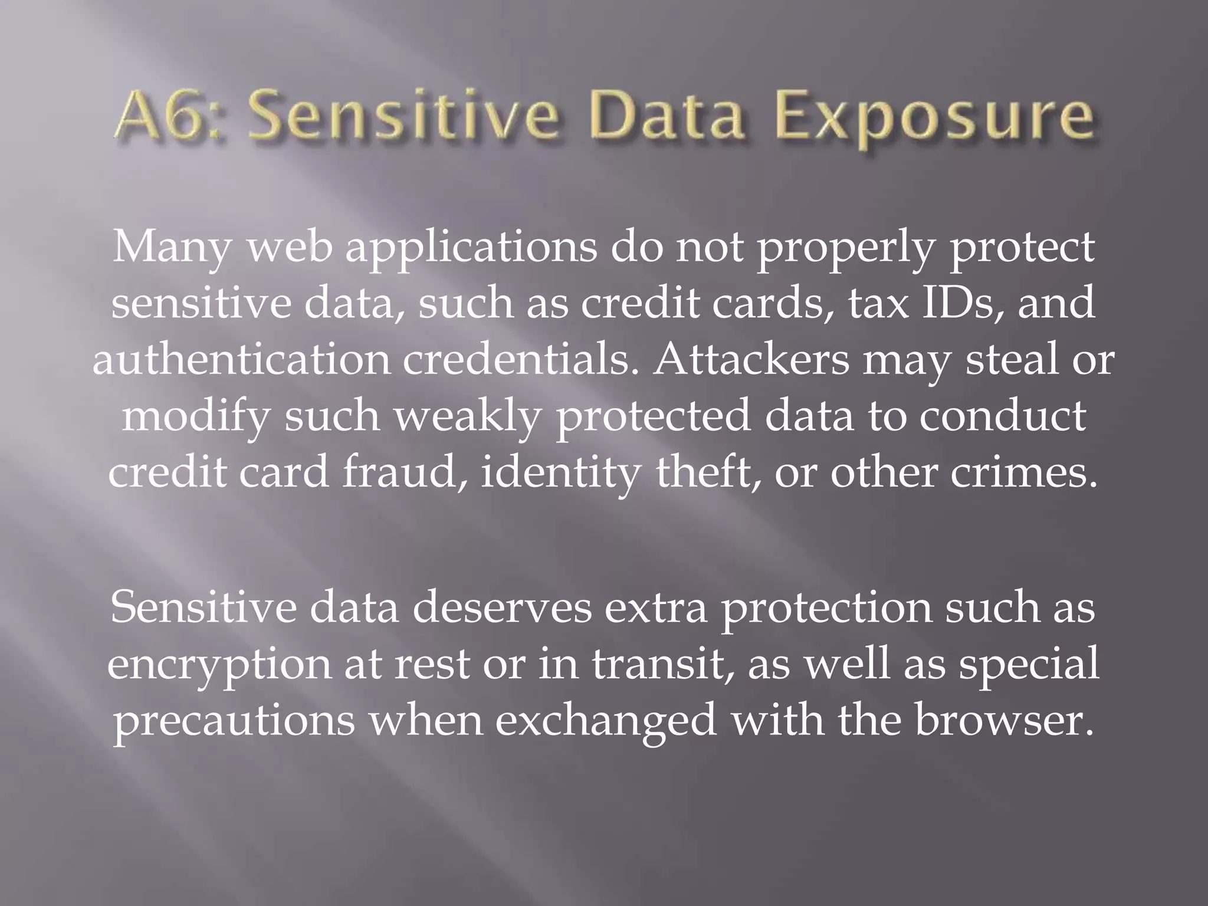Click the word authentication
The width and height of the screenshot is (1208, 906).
tap(242, 360)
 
